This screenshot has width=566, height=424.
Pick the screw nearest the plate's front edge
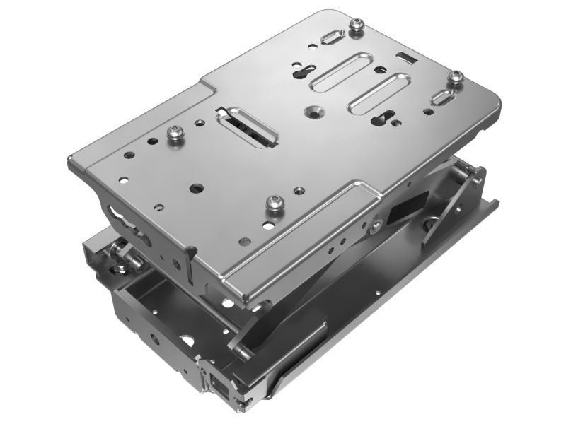pos(273,202)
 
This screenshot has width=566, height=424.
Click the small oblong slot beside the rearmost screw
pos(330,36)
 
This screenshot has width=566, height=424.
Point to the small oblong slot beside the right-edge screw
pos(444,98)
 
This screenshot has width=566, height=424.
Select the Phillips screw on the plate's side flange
pos(375,226)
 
